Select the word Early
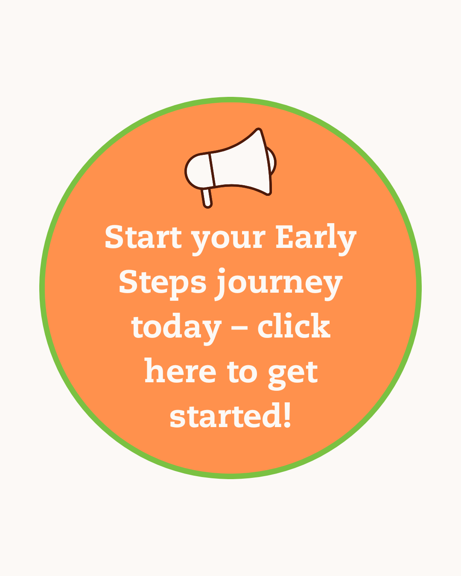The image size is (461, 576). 315,238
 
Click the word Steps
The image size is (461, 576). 162,282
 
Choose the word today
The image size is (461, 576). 176,328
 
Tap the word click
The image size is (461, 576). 294,326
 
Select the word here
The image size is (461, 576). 180,371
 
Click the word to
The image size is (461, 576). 242,372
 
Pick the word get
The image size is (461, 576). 293,373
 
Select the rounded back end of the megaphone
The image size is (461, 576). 197,171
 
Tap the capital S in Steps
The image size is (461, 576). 130,282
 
